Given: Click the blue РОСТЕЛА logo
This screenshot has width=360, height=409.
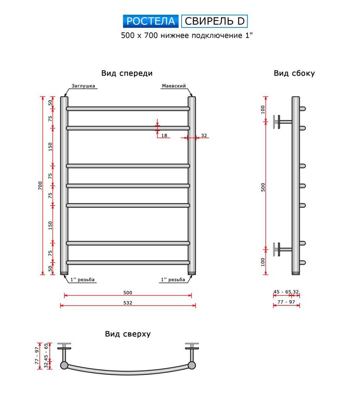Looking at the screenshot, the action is click(x=151, y=21).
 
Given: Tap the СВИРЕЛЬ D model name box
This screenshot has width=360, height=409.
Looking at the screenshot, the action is click(x=214, y=21).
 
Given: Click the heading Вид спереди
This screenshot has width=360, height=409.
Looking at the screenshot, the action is click(x=127, y=73).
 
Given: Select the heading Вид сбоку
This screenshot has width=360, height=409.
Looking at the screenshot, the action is click(x=294, y=73).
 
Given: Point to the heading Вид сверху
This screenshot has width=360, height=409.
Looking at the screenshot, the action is click(x=128, y=334).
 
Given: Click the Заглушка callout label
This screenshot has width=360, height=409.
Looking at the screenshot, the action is click(x=83, y=86).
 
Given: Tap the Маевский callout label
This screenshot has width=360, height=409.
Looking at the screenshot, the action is click(x=174, y=86).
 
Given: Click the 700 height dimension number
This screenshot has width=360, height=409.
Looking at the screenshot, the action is click(x=40, y=185).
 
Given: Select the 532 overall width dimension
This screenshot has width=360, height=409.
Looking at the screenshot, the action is click(x=128, y=303).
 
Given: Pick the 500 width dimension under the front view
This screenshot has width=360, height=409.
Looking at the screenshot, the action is click(x=128, y=293).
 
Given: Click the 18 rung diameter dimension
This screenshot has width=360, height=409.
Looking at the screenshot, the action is click(x=164, y=135).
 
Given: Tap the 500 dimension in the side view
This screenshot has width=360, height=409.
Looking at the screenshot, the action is click(x=263, y=187).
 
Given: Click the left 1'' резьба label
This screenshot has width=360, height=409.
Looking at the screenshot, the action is click(x=82, y=279).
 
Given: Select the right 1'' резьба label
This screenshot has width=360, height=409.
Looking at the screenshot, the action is click(x=173, y=279).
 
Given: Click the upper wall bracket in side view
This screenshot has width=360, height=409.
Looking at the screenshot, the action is click(x=282, y=122).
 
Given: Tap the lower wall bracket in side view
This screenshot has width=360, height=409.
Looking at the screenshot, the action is click(x=282, y=249).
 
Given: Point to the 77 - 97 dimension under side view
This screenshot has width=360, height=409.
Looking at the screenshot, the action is click(x=286, y=302).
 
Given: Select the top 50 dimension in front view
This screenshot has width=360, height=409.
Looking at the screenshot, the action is click(x=50, y=103).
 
